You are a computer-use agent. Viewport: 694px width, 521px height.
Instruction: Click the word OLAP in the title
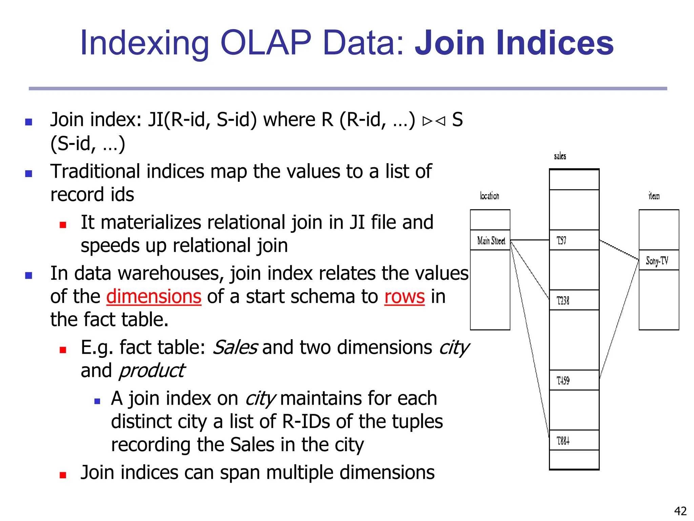tap(266, 43)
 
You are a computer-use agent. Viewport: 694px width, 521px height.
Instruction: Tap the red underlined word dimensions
tap(154, 296)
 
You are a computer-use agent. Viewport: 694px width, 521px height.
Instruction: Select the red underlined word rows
tap(404, 296)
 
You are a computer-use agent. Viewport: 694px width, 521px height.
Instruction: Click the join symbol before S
tap(434, 121)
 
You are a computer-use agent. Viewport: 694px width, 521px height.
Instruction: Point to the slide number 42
tap(680, 510)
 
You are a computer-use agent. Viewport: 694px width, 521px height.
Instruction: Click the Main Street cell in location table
tap(490, 240)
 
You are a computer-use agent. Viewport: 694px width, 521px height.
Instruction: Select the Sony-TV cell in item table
tap(658, 260)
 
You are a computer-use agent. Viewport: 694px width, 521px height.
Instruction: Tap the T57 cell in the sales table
tap(574, 240)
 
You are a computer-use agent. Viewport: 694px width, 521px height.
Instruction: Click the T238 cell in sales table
tap(574, 300)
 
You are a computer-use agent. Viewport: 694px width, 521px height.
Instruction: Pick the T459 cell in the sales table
tap(574, 380)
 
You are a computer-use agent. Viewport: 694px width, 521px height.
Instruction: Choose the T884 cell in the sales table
tap(574, 441)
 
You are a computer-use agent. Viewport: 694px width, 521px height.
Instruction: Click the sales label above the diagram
tap(560, 156)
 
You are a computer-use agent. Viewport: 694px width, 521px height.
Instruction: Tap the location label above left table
tap(489, 196)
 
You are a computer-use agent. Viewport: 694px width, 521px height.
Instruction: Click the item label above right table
tap(654, 196)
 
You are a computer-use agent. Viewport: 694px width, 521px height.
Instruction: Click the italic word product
tap(151, 371)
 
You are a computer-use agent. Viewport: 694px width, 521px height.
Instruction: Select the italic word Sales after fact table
tap(235, 348)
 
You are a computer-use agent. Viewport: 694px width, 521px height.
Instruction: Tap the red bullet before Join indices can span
tap(63, 475)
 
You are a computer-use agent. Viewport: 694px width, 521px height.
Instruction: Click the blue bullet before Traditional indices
tap(29, 174)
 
